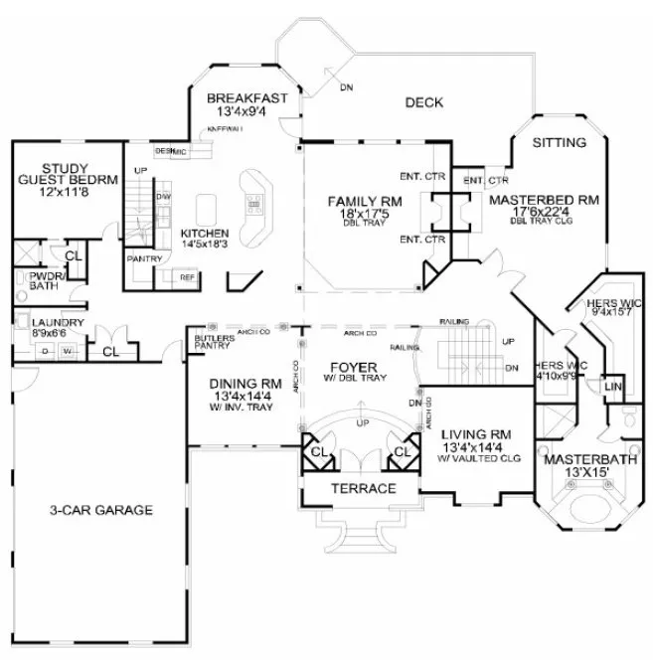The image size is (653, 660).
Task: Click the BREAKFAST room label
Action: tap(247, 98)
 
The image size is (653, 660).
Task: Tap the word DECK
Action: tap(423, 102)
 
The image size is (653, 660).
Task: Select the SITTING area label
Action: tap(559, 143)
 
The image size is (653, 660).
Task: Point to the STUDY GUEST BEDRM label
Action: tap(67, 174)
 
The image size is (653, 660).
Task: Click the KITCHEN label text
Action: tap(205, 234)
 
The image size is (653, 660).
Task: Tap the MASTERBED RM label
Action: tap(545, 200)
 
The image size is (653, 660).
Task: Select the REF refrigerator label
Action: tap(187, 278)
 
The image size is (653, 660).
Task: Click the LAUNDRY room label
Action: tap(56, 323)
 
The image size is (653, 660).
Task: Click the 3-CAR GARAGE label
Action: tap(102, 511)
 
